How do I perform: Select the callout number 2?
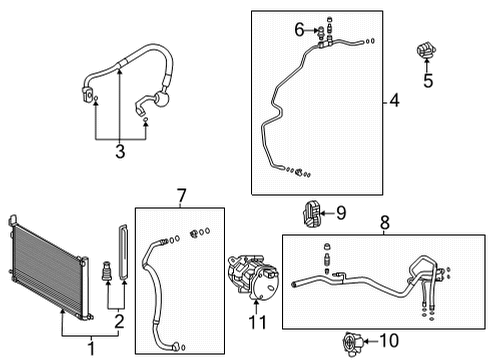click(119, 320)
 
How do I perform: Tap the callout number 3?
click(119, 151)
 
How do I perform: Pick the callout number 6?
click(298, 30)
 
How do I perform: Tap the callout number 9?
click(340, 212)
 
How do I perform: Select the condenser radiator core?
click(50, 266)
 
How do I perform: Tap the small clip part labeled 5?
click(425, 53)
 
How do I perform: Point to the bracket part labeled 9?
click(310, 214)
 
